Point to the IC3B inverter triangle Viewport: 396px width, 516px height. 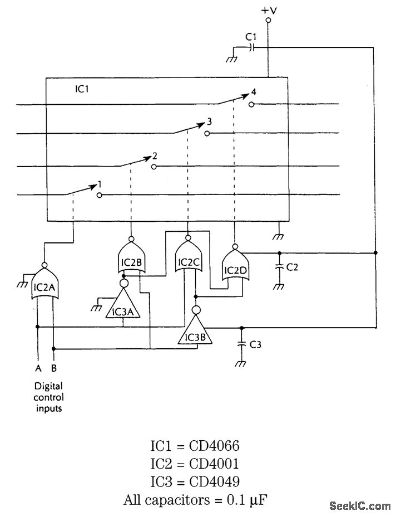click(195, 333)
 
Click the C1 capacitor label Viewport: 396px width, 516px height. click(251, 37)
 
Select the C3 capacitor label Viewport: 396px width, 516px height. click(255, 345)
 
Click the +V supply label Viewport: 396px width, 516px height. click(268, 10)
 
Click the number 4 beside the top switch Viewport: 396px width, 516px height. click(254, 92)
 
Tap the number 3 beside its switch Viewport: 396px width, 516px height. click(209, 121)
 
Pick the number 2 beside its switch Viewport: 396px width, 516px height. click(154, 156)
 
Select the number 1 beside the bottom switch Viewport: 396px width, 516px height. click(100, 183)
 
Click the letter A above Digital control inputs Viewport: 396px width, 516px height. click(37, 368)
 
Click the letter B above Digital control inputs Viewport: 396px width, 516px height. click(54, 368)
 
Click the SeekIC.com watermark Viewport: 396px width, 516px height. click(359, 505)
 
